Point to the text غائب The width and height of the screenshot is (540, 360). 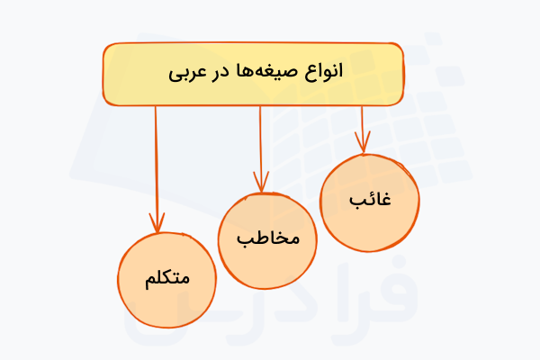click(369, 200)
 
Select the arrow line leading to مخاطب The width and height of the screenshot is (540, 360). click(261, 144)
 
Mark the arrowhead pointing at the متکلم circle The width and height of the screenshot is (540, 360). click(158, 225)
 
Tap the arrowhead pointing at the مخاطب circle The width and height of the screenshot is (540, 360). click(262, 184)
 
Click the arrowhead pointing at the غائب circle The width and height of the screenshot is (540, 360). click(363, 146)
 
